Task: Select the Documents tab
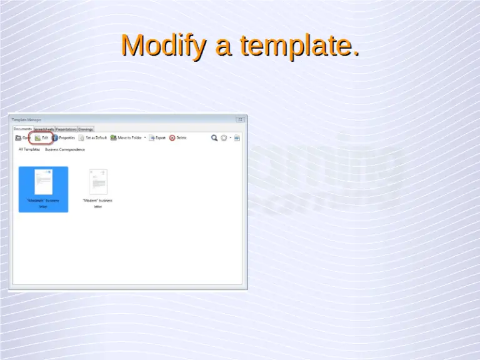click(22, 129)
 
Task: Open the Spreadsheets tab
click(44, 129)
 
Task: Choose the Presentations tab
click(66, 129)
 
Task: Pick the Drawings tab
click(86, 129)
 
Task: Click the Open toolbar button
click(23, 137)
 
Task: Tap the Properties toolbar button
click(64, 137)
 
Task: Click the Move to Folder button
click(127, 137)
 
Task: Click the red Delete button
click(177, 137)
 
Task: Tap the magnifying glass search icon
click(214, 137)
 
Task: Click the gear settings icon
click(224, 137)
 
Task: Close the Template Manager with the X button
click(239, 119)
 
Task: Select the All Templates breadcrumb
click(29, 149)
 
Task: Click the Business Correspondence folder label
click(65, 149)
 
